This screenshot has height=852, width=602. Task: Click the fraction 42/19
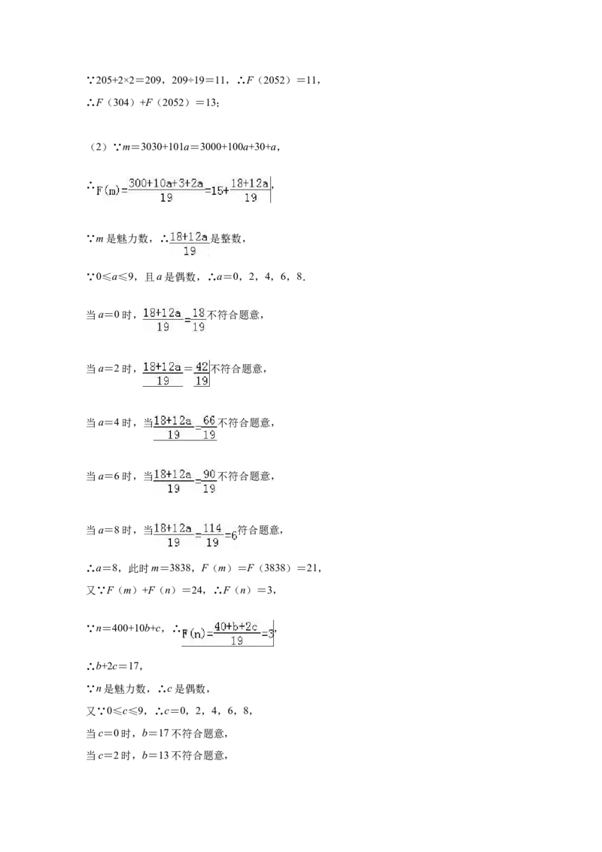(202, 373)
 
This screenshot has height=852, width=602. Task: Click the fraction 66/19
(209, 427)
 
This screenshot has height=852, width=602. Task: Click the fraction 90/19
(209, 481)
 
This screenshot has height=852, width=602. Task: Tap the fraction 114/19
(212, 534)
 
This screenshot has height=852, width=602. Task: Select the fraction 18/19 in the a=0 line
(199, 319)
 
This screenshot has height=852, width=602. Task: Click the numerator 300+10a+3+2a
(166, 183)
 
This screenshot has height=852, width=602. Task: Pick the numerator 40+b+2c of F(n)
(236, 626)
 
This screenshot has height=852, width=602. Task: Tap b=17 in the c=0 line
(155, 733)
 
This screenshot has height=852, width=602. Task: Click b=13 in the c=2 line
(155, 755)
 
